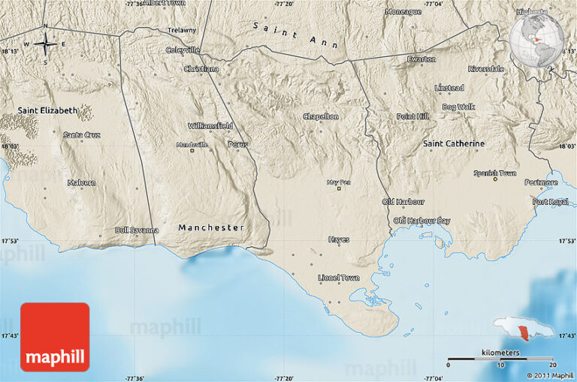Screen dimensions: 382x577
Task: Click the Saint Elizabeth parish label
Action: tap(47, 110)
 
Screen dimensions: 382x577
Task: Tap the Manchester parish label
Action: tap(211, 227)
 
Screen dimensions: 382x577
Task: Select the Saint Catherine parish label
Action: tap(454, 143)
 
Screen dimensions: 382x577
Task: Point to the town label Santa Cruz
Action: tap(81, 135)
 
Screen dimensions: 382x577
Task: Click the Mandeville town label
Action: tap(192, 145)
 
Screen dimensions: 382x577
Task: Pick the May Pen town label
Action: tap(339, 182)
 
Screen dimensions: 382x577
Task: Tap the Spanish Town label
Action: tap(494, 173)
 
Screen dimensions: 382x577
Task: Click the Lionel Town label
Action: tap(339, 278)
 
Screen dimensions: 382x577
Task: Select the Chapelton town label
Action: tap(321, 116)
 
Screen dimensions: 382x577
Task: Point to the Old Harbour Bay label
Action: tap(422, 221)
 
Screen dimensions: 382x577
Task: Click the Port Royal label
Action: tap(550, 202)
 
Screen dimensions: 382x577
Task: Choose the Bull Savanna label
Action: tap(137, 230)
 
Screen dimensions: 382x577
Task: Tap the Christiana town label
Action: tap(201, 69)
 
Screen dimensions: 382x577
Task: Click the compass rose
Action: tap(45, 44)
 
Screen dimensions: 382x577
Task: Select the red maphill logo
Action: tap(55, 337)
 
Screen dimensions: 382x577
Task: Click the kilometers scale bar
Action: tap(500, 359)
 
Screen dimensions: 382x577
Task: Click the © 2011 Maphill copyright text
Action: tap(549, 374)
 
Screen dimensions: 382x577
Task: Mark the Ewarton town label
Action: tap(421, 59)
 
